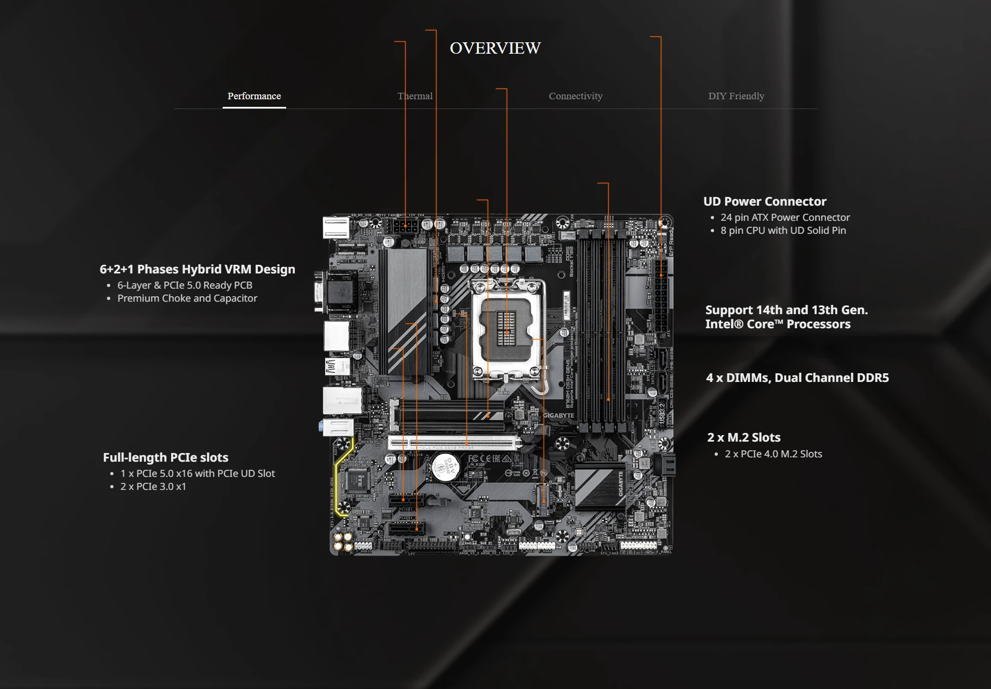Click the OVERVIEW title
[x=495, y=48]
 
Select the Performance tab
[x=254, y=96]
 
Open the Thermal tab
[x=415, y=96]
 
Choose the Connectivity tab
[x=576, y=96]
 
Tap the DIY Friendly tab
[x=736, y=96]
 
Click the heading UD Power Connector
[x=765, y=201]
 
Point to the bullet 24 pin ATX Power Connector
[x=785, y=217]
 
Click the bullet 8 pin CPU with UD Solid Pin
[x=782, y=230]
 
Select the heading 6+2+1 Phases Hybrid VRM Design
[x=197, y=269]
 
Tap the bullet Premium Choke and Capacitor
[x=187, y=298]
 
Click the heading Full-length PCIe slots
[x=166, y=457]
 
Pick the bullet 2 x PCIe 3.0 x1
[x=153, y=486]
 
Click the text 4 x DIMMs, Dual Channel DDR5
[x=797, y=378]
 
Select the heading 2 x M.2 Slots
[x=743, y=437]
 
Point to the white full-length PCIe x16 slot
[x=452, y=443]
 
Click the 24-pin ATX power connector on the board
[x=661, y=297]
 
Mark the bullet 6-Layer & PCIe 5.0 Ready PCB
[x=185, y=285]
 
